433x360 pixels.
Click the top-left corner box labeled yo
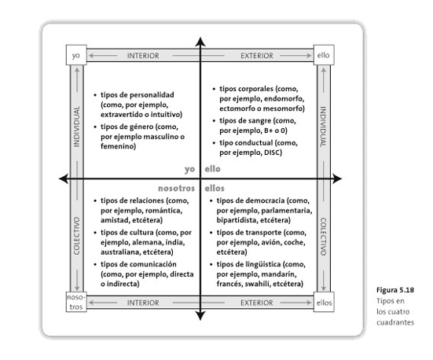coord(76,55)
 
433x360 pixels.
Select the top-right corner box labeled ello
coord(324,55)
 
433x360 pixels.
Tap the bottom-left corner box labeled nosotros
coord(76,302)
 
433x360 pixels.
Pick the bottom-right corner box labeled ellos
coord(324,302)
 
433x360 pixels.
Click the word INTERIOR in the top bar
coord(143,56)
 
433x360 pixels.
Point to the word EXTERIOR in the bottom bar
coord(257,303)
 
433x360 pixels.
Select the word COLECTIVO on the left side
coord(76,236)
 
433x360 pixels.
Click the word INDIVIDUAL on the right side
coord(323,127)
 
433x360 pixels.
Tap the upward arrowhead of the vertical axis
coord(200,42)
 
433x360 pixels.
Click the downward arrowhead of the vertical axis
coord(200,316)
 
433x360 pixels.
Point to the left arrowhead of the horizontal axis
coord(63,178)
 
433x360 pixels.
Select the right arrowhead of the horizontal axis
coord(337,178)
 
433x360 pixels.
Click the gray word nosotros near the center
coord(177,189)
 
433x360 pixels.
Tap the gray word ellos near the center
coord(215,189)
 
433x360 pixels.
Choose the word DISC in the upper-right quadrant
coord(272,152)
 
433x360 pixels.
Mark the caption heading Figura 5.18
coord(395,290)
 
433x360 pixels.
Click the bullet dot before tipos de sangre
coord(214,121)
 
